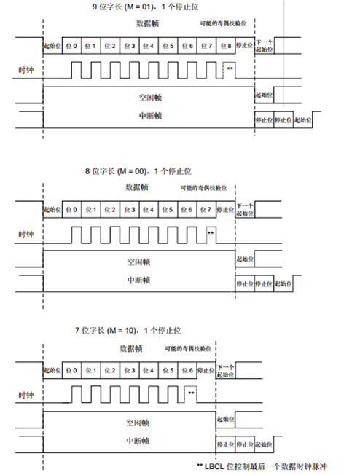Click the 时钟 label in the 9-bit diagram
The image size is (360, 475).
pyautogui.click(x=26, y=71)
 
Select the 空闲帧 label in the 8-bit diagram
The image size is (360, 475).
pyautogui.click(x=136, y=260)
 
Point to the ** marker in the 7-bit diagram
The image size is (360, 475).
pyautogui.click(x=191, y=393)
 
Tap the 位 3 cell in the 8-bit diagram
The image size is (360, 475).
pyautogui.click(x=130, y=211)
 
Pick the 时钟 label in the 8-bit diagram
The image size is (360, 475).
pyautogui.click(x=26, y=234)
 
